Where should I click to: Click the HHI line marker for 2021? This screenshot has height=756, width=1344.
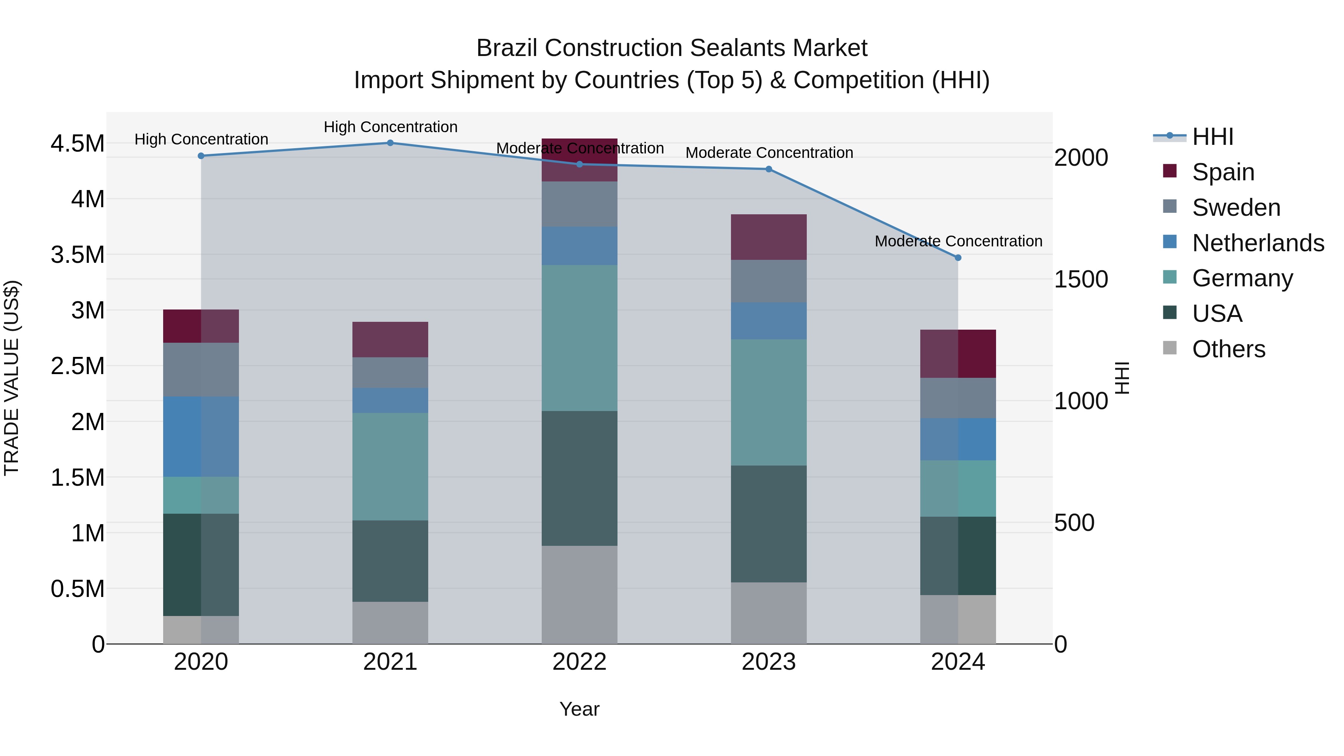click(x=390, y=143)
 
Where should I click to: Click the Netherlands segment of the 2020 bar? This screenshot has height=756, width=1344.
click(x=201, y=437)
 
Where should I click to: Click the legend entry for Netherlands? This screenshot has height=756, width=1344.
click(x=1257, y=243)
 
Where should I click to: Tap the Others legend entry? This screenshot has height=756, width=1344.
click(x=1228, y=349)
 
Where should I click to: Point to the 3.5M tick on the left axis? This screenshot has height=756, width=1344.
click(x=77, y=255)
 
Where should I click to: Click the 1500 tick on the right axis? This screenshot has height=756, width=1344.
click(x=1080, y=280)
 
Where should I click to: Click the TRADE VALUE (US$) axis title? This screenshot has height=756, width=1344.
click(x=12, y=378)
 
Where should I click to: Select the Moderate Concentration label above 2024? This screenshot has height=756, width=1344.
click(x=958, y=242)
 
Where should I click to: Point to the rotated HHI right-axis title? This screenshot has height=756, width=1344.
click(x=1122, y=378)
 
